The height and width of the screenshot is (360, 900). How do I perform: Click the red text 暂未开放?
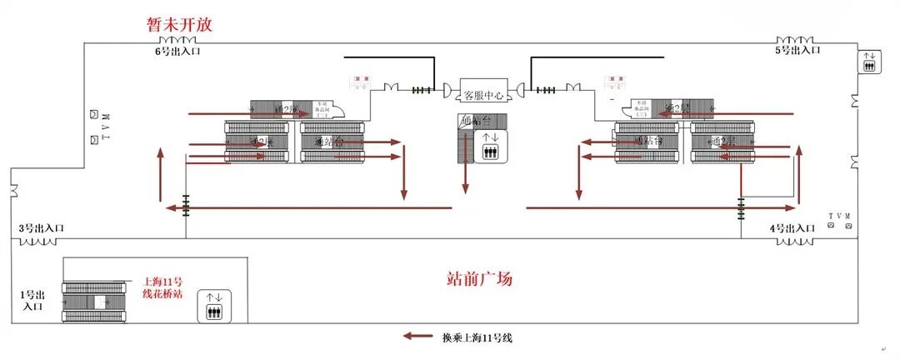(180, 25)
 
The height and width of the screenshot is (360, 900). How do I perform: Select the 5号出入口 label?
(797, 50)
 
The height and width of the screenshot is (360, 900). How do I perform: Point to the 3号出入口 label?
(42, 227)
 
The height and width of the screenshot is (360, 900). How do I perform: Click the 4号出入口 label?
(792, 227)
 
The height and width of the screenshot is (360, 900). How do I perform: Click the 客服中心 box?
(482, 95)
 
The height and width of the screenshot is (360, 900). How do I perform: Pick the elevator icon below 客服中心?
(491, 147)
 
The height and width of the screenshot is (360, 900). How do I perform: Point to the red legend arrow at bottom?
(418, 337)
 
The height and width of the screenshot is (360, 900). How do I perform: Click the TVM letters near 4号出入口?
(841, 216)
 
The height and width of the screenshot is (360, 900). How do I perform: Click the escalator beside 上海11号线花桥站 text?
(96, 301)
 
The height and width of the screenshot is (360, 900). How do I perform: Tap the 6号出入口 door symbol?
(177, 39)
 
